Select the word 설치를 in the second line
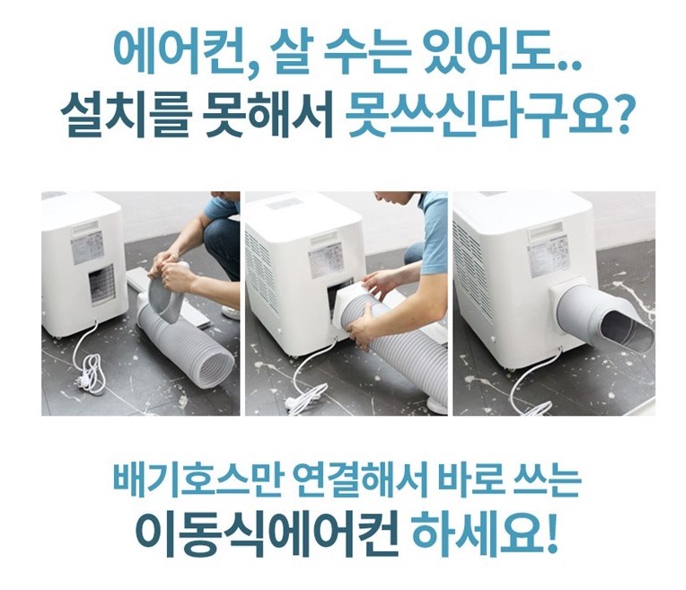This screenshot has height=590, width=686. tap(125, 115)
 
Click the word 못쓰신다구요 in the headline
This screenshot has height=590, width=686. tap(479, 115)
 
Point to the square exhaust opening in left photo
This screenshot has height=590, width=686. tap(102, 285)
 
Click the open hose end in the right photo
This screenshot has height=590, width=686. tap(626, 330)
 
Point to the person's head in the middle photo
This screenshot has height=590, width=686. tap(396, 203)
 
